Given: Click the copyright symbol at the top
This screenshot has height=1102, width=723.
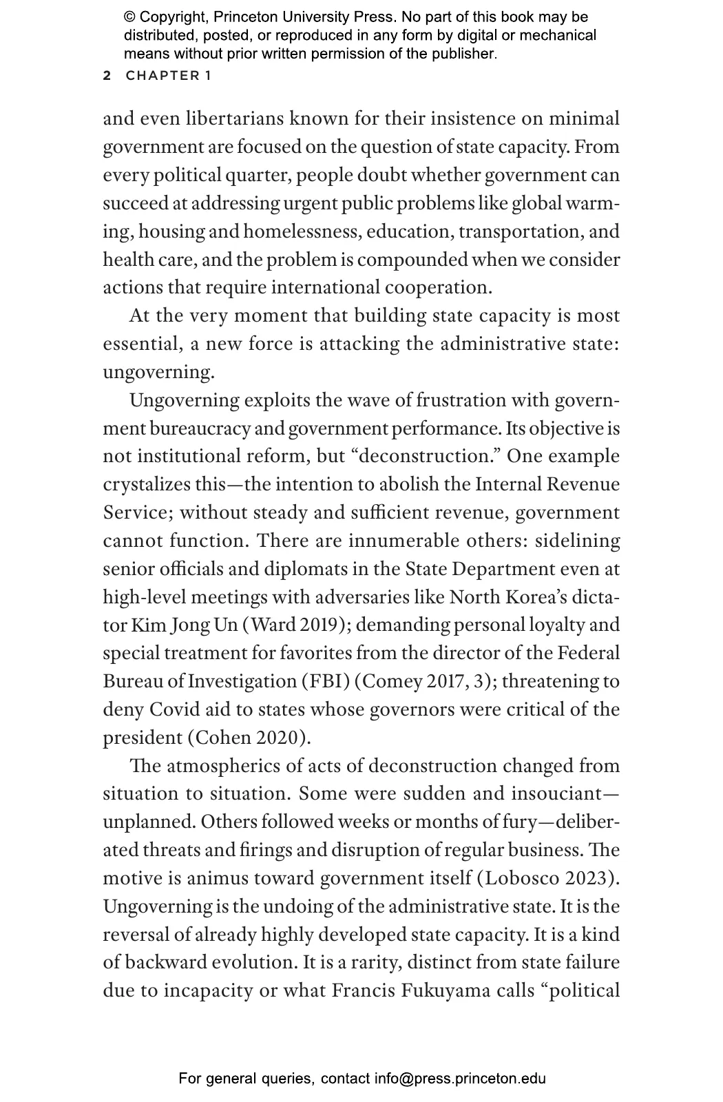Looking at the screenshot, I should [x=130, y=17].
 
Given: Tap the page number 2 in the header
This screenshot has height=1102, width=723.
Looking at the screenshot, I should [x=107, y=76].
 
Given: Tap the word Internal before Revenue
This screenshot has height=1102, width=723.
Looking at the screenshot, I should [x=507, y=484].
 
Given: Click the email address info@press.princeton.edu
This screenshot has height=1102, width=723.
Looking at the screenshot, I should [x=460, y=1079].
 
